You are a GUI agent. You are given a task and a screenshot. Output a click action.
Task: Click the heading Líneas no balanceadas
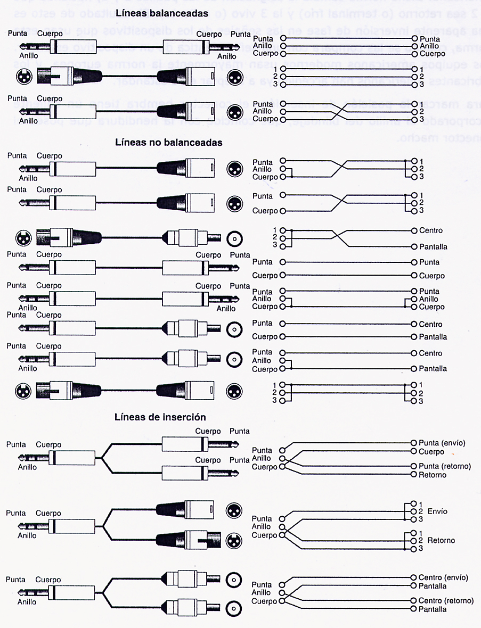169,143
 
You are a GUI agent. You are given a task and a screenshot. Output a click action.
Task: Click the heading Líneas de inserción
160,417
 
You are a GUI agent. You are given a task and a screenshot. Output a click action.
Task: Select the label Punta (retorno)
445,466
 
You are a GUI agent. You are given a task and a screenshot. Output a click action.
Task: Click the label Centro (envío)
443,577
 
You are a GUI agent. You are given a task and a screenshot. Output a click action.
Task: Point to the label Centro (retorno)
446,601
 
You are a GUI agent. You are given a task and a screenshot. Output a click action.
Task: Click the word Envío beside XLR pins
437,511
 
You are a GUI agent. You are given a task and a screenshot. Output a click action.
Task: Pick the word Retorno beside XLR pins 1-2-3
441,540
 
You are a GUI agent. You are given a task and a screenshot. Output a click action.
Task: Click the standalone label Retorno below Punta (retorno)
433,475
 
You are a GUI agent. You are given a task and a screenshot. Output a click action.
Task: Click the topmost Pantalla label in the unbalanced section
433,247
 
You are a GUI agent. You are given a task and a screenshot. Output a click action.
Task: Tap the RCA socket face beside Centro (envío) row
233,580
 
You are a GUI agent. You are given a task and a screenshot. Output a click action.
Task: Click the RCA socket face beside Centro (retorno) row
233,608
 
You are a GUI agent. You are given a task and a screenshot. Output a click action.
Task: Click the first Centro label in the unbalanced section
430,230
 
